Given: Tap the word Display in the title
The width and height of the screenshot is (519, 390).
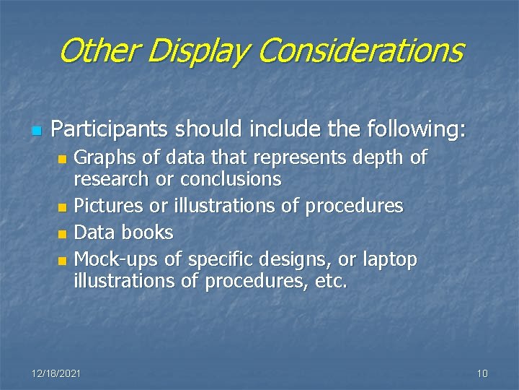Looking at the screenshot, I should (195, 51).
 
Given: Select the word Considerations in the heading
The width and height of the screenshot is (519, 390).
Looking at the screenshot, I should (360, 51).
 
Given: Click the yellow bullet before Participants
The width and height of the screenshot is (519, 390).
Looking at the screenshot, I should (35, 131).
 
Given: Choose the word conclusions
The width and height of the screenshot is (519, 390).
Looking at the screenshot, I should (231, 178).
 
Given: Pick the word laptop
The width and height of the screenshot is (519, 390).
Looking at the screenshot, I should (389, 259).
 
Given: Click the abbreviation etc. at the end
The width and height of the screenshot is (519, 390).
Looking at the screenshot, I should (332, 280).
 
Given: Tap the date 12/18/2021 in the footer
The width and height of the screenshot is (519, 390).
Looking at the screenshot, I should (56, 373).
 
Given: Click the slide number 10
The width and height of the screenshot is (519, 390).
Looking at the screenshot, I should (482, 373).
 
